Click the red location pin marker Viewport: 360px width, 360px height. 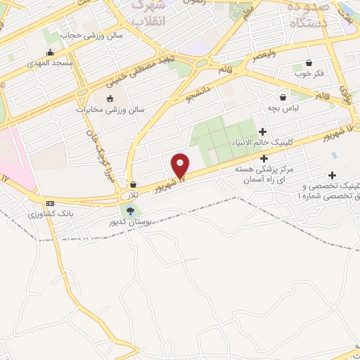pyautogui.click(x=181, y=165)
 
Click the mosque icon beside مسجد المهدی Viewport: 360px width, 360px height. pyautogui.click(x=50, y=53)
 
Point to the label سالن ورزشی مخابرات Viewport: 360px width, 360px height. pyautogui.click(x=110, y=110)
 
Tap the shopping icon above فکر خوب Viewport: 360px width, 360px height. pyautogui.click(x=310, y=63)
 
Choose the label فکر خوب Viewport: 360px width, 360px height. pyautogui.click(x=309, y=73)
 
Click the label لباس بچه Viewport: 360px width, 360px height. pyautogui.click(x=283, y=108)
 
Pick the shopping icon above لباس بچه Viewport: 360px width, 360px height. pyautogui.click(x=283, y=98)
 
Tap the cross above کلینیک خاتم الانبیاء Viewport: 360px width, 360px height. pyautogui.click(x=263, y=131)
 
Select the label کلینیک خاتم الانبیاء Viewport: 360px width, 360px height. pyautogui.click(x=263, y=143)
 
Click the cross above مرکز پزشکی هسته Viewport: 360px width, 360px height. pyautogui.click(x=263, y=159)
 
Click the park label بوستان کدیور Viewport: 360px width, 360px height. pyautogui.click(x=130, y=222)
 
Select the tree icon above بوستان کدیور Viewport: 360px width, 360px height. pyautogui.click(x=130, y=210)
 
